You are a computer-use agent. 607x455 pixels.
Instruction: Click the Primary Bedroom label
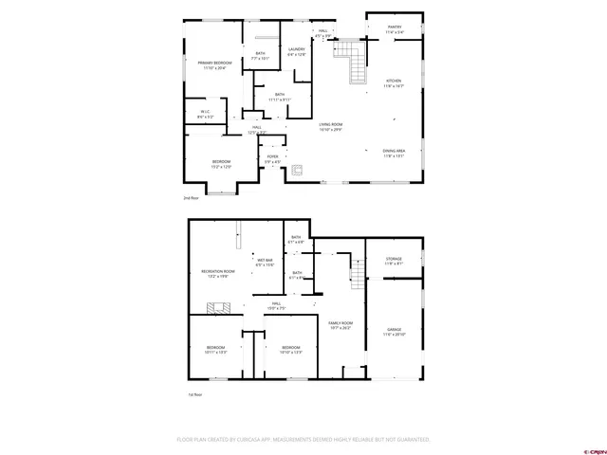click(214, 64)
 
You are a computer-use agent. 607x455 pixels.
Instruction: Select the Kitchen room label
click(394, 82)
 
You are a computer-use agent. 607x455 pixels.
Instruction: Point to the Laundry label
click(296, 50)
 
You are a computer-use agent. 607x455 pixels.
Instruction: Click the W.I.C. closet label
click(205, 114)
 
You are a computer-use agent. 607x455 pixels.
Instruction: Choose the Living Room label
click(330, 126)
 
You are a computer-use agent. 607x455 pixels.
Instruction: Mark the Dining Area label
click(395, 153)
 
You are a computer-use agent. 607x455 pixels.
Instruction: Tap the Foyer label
click(272, 158)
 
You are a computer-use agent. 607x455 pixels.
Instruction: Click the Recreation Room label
click(217, 274)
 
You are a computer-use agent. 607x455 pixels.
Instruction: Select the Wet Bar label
click(265, 262)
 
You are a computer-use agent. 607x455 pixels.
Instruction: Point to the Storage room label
click(394, 260)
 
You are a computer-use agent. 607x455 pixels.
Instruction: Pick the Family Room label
click(340, 325)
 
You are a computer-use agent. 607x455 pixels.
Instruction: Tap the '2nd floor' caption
click(192, 198)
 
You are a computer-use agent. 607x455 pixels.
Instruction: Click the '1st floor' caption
click(194, 394)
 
